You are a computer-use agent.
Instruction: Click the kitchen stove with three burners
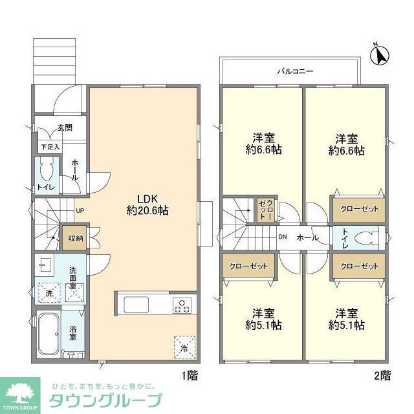pos(182,305)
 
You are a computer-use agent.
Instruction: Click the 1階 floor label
pos(189,374)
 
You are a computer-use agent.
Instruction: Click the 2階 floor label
pos(382,374)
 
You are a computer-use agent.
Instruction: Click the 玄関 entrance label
pos(65,128)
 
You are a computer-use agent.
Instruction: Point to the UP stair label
pos(80,210)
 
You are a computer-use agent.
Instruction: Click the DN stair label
pos(282,237)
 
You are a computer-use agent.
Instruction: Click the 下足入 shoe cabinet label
pos(50,147)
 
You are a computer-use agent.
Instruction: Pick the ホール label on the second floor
pos(307,237)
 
